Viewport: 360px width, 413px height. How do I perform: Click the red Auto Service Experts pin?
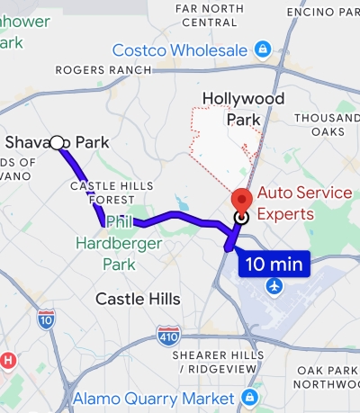241,200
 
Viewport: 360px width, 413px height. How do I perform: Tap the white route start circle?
58,142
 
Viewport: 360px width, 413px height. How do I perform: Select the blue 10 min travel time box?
274,265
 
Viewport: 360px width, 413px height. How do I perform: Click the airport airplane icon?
274,286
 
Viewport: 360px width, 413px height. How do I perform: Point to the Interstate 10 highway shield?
46,317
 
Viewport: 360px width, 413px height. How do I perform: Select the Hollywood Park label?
243,108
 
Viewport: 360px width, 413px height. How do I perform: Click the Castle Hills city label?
138,299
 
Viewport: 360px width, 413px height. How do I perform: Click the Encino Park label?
322,11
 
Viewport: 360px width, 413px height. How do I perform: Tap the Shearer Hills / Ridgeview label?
219,362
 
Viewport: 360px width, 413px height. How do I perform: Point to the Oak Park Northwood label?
328,377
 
